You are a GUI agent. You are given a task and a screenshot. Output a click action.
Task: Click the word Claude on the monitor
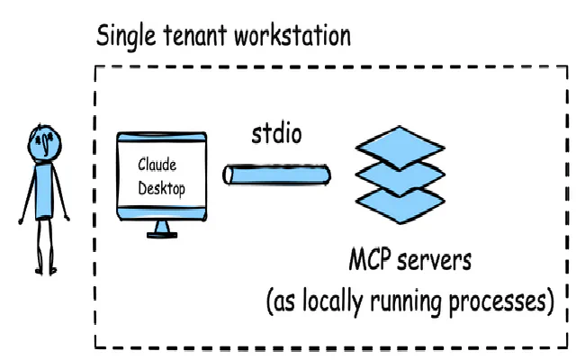click(x=157, y=165)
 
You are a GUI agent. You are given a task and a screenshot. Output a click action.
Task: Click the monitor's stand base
click(x=163, y=233)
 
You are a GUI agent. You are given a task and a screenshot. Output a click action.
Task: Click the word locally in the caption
click(x=337, y=301)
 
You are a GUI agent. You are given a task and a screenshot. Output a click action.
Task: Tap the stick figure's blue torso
click(x=44, y=192)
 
